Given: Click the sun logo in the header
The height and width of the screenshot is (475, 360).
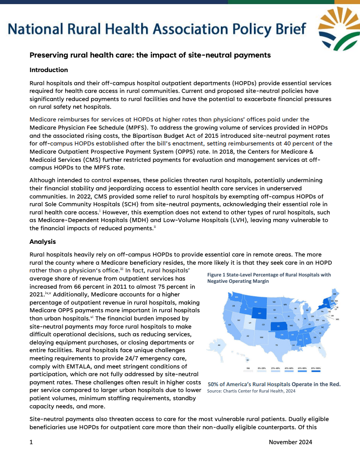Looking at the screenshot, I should tap(338, 28).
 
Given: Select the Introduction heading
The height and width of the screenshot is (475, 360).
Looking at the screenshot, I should tap(49, 70).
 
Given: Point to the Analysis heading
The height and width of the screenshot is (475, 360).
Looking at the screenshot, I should tap(42, 242).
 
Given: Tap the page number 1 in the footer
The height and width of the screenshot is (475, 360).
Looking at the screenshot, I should tap(31, 442).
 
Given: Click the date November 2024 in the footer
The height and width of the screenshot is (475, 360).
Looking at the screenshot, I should tap(290, 442).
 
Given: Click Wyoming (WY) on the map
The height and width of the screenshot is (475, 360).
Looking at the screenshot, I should tap(259, 313).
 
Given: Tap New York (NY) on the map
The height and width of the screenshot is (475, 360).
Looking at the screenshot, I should tap(326, 305).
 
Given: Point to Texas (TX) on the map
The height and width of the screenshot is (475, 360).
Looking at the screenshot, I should tap(277, 345).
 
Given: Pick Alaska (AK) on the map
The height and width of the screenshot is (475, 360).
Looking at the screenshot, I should tap(219, 345).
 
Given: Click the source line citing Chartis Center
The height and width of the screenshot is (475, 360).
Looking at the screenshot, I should tap(251, 391).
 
